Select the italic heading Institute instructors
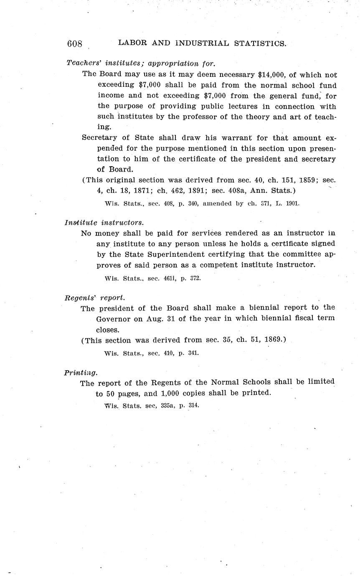point(104,222)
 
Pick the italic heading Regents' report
point(94,298)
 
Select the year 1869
point(269,340)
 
